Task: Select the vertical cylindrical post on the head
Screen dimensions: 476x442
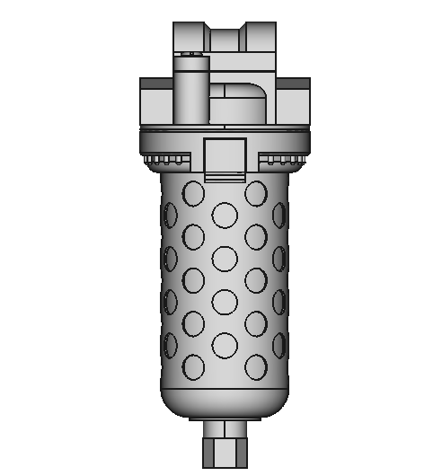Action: click(190, 94)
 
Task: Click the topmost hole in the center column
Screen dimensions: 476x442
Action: click(224, 214)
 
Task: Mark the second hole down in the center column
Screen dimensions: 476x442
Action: click(224, 258)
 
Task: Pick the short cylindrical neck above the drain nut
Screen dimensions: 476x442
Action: click(224, 427)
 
